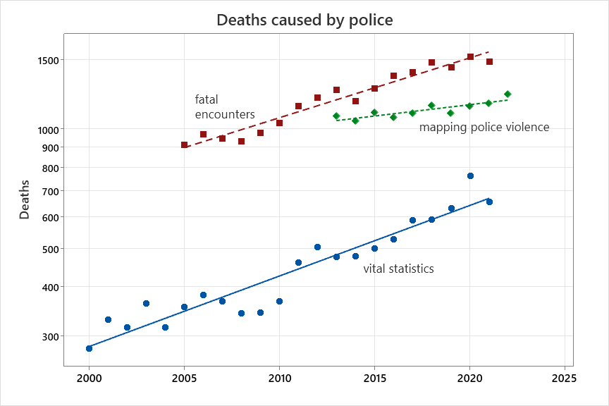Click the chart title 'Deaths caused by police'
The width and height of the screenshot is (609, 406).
point(304,20)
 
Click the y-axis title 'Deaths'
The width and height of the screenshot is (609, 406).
point(25,199)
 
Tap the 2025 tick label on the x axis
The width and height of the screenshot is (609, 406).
point(564,378)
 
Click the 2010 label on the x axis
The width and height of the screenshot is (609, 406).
point(279,378)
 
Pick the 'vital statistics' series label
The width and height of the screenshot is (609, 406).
point(398,269)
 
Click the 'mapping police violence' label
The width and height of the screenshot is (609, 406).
point(484,127)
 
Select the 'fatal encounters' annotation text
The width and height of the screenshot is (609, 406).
point(225,107)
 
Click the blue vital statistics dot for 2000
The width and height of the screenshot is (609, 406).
point(89,348)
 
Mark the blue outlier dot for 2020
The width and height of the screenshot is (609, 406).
point(470,176)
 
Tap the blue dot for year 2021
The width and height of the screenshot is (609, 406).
point(489,202)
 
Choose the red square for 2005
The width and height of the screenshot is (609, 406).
point(185,145)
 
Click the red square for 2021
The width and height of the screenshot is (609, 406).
point(489,62)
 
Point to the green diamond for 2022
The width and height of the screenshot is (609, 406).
point(508,94)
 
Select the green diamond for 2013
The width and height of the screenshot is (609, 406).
point(336,116)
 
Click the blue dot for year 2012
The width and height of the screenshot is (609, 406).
point(317,247)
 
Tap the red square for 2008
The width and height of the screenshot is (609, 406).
point(241,141)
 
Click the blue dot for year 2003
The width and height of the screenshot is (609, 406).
point(146,303)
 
